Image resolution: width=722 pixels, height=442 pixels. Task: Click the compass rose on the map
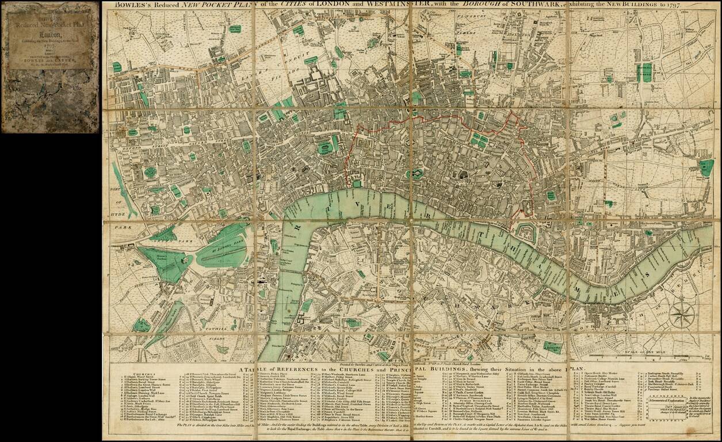coord(682,316)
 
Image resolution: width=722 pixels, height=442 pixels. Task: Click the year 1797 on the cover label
coord(49,45)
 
